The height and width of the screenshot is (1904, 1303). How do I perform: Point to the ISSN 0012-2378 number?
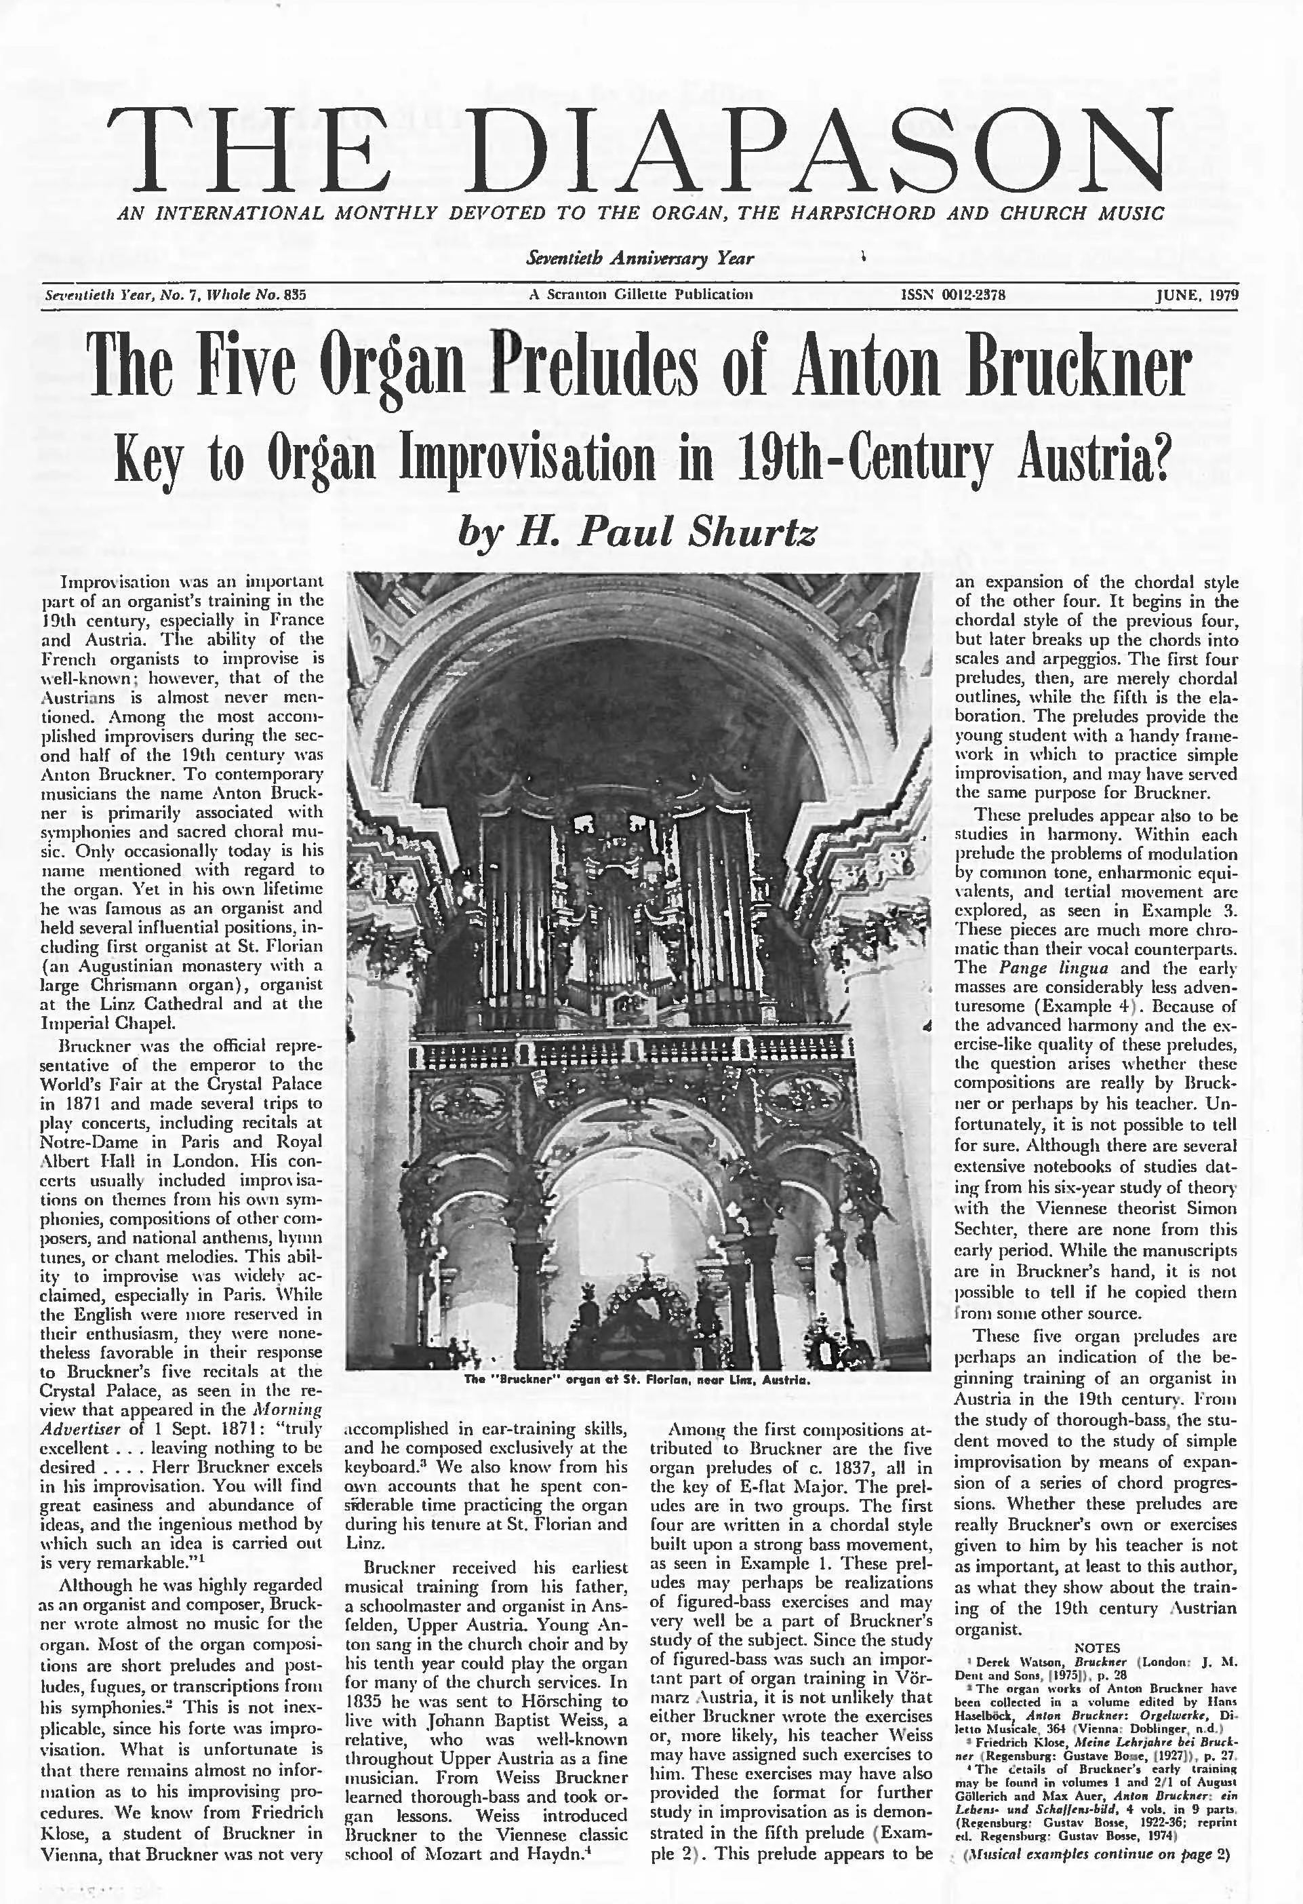[x=953, y=295]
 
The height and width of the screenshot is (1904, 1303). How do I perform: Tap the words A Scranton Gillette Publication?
[x=641, y=295]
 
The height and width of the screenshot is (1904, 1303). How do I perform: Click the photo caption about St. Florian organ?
[x=637, y=1380]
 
